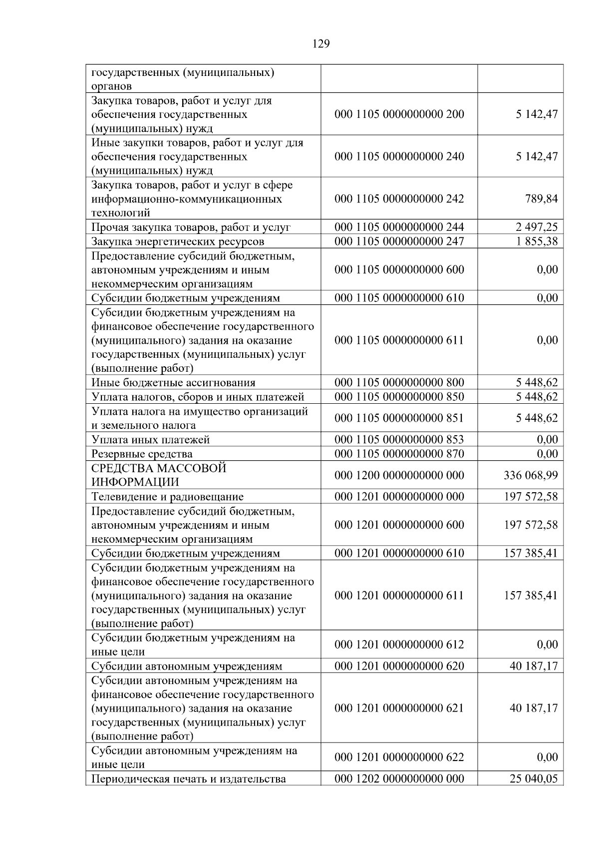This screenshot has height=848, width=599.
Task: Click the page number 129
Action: [321, 44]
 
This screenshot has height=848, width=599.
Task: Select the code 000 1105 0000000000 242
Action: [399, 199]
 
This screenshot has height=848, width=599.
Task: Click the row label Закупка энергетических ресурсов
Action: [178, 242]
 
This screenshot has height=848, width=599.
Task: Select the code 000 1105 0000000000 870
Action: [399, 454]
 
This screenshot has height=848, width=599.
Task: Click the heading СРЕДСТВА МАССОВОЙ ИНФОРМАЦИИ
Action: [159, 475]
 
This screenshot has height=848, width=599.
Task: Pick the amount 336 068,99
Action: [531, 475]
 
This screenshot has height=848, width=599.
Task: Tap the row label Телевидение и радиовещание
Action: [167, 497]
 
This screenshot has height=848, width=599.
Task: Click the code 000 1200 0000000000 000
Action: [399, 475]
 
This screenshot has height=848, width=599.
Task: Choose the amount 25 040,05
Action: [533, 779]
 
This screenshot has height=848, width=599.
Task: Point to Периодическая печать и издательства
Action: [189, 779]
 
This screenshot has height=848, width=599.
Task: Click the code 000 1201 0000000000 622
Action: [399, 757]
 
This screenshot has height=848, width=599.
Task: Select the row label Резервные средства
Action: [142, 454]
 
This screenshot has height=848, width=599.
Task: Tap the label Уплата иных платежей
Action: [150, 440]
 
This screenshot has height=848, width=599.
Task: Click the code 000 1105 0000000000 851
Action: [399, 418]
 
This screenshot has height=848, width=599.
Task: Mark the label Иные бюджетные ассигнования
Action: [173, 383]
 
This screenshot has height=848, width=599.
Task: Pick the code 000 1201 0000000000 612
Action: [399, 645]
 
